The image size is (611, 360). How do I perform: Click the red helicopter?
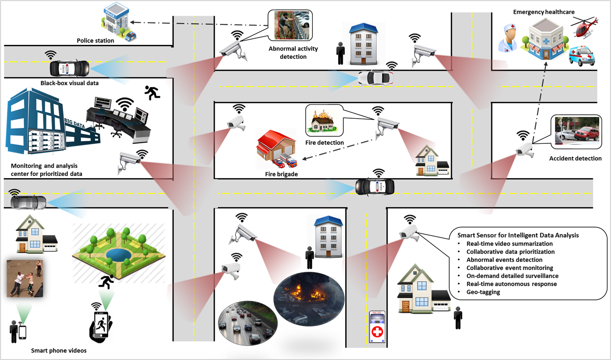[x=584, y=28]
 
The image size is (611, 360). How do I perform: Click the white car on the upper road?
[x=376, y=78]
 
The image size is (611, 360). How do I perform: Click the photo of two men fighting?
[x=25, y=278]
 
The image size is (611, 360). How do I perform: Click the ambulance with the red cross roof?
[x=378, y=327]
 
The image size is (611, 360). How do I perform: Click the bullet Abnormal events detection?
[x=504, y=260]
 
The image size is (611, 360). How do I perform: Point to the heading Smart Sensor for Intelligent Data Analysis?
[x=518, y=236]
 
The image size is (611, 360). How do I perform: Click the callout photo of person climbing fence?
[x=290, y=25]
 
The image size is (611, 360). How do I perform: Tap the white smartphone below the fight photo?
[x=22, y=332]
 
